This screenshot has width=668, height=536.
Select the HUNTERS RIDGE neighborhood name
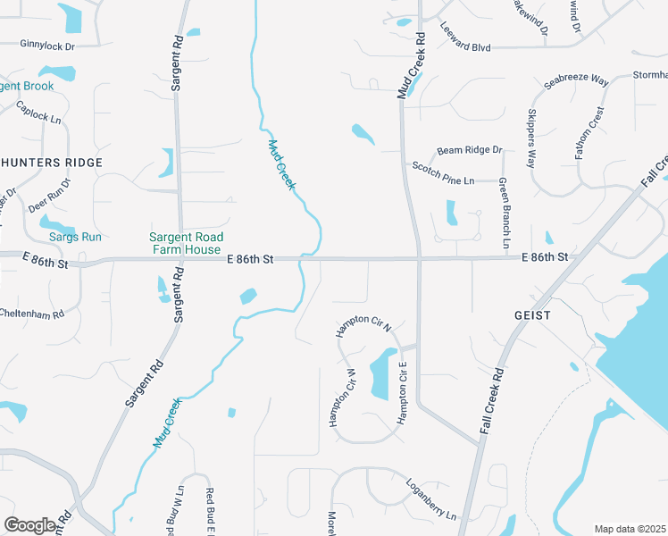(x=52, y=163)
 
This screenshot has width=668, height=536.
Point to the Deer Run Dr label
(x=49, y=195)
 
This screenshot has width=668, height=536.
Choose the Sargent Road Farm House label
(x=185, y=243)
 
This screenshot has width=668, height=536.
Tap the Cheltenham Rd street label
(x=32, y=314)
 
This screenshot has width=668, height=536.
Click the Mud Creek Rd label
(x=410, y=65)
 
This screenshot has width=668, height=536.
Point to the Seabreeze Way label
(x=576, y=81)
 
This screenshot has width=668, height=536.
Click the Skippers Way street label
(x=531, y=139)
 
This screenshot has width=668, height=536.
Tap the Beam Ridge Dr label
(x=469, y=150)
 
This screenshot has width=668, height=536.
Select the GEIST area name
(x=532, y=315)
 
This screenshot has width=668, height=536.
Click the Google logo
(x=29, y=525)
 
